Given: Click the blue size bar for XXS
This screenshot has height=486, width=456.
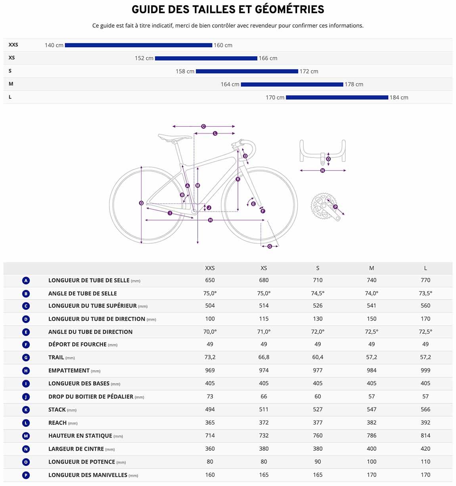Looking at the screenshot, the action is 138,45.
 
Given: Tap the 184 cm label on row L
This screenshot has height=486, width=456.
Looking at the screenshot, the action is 399,98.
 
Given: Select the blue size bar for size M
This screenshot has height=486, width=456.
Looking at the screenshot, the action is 292,85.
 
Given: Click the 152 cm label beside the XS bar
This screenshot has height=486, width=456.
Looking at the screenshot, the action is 144,58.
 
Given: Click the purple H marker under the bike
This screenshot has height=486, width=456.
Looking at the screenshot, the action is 211,220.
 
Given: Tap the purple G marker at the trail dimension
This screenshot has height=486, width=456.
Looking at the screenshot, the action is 270,246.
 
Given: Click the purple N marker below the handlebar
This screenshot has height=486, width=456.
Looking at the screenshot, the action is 322,170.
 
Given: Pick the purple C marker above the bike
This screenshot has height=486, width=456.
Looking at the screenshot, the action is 203,126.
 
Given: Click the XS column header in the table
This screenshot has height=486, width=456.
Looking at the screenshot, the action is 264,268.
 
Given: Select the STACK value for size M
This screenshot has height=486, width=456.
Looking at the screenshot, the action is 372,409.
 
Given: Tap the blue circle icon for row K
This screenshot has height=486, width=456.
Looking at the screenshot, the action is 26,410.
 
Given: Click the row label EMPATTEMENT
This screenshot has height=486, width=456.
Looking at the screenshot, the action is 69,371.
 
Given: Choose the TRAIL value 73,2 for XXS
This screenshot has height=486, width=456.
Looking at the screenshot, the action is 210,357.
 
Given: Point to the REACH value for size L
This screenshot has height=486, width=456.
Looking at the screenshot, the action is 425,423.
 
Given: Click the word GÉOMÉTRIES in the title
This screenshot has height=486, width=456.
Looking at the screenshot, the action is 289,10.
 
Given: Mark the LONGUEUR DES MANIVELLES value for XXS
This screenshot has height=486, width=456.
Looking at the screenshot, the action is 210,475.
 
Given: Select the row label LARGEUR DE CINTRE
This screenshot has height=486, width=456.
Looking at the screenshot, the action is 76,449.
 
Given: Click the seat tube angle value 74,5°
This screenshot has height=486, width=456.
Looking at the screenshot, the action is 318,294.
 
